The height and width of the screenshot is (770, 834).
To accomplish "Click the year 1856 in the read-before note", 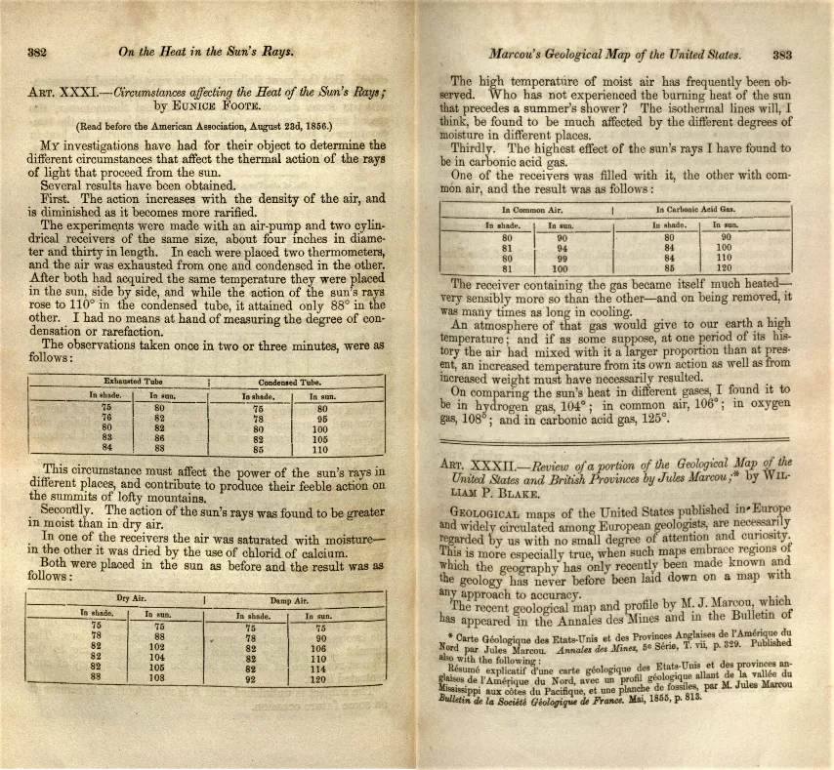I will pos(317,126).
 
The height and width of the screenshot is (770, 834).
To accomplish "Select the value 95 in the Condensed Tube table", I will pos(319,419).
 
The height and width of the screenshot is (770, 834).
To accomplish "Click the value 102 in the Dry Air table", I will pos(157,645).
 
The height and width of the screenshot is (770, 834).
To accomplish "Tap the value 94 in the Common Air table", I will pos(563,247).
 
